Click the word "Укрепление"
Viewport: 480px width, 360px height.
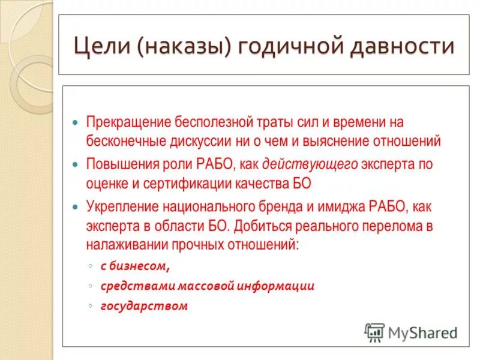coord(122,206)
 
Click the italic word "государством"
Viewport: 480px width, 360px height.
coord(144,305)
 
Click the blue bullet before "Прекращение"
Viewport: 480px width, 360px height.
coord(76,122)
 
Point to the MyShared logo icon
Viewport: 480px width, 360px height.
coord(375,331)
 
